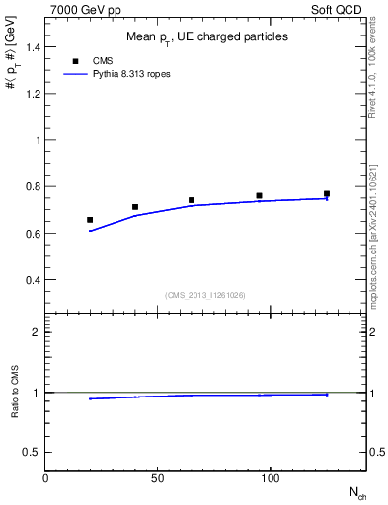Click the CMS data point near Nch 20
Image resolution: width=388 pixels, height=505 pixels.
point(90,220)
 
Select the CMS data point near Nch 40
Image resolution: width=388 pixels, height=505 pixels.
point(135,207)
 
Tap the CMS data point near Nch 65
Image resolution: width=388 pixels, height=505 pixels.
point(192,200)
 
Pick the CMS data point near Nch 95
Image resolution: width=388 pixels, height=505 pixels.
point(259,196)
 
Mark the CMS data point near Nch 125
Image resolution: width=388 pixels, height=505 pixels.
point(327,194)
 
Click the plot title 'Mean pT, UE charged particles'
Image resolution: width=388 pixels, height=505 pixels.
point(207,36)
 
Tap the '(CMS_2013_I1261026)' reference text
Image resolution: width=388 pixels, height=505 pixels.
point(205,295)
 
